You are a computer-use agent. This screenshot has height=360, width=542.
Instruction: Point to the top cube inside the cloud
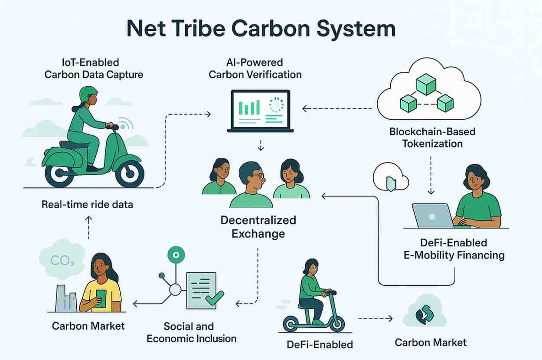tap(426, 84)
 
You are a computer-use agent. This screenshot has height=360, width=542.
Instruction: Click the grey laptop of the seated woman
tap(432, 216)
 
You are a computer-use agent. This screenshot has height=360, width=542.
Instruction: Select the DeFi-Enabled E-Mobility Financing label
tap(454, 249)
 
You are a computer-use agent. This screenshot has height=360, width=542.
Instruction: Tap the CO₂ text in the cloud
tap(59, 260)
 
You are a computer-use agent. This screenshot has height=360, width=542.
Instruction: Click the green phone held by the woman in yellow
tap(101, 298)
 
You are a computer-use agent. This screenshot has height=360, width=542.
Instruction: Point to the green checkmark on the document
tap(214, 298)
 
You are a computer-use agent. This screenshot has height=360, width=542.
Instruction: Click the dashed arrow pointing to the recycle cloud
tap(375, 319)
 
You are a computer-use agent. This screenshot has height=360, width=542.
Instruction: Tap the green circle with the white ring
tap(176, 255)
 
